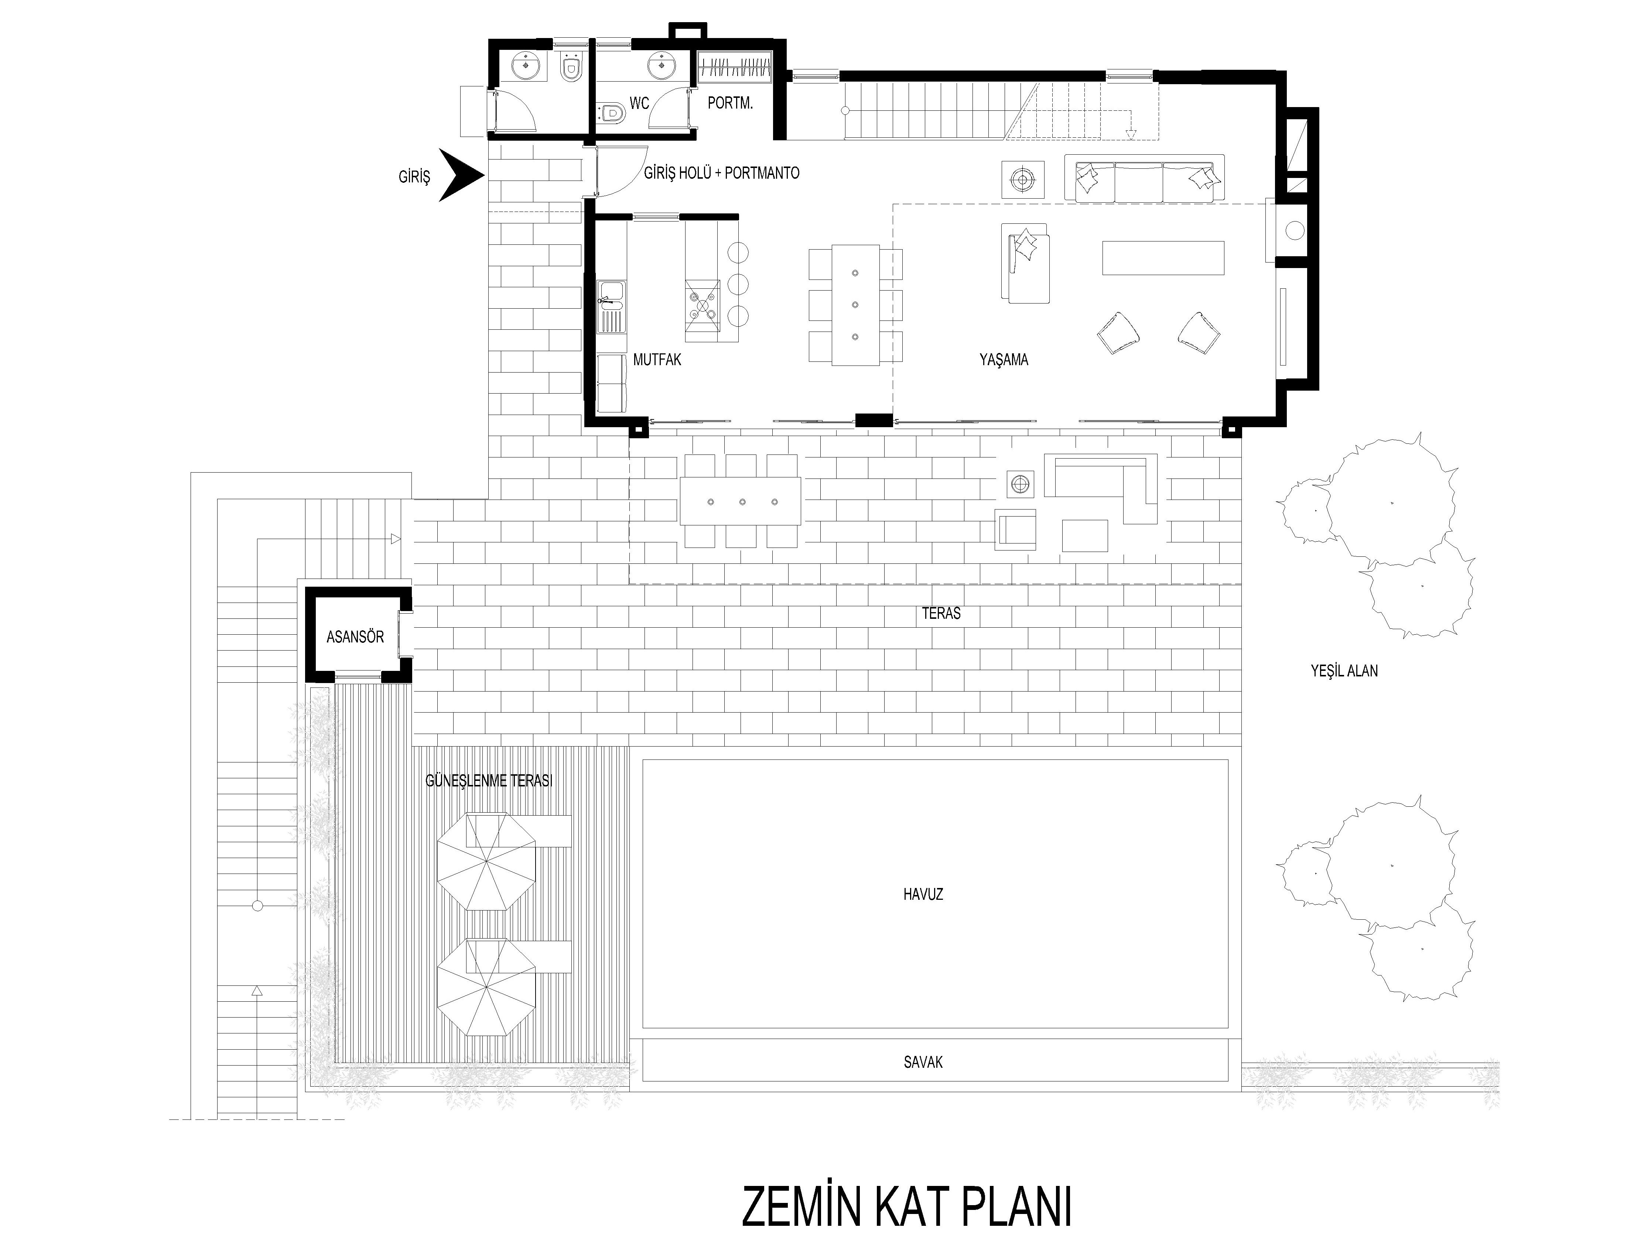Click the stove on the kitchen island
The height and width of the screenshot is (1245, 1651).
tap(703, 303)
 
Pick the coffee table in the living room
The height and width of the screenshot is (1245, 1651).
tap(1163, 257)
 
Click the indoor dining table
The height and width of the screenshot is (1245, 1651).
tap(855, 304)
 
